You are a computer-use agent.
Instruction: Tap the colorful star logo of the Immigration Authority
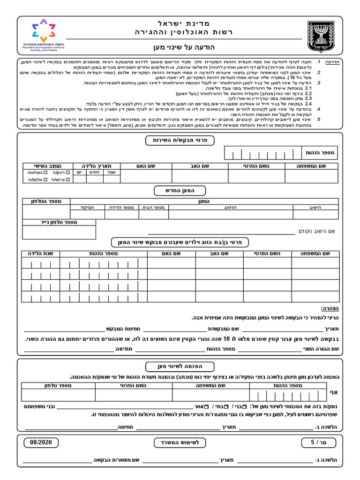tap(42, 30)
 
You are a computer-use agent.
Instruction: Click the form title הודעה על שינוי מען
tap(180, 47)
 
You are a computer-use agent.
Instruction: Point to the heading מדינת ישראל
tap(180, 23)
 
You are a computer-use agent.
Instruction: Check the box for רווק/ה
tap(67, 172)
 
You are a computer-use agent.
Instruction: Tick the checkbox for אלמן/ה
tap(45, 179)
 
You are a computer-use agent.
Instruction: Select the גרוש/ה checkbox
tap(67, 179)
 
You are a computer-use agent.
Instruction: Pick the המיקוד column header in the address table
tap(88, 207)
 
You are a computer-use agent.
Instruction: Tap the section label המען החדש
tap(180, 190)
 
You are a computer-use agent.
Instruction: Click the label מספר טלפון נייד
tap(59, 222)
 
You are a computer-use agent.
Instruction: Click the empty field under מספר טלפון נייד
tap(59, 232)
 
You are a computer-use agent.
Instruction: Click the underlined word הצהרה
tap(330, 308)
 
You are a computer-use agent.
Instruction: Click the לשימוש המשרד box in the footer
tap(180, 442)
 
